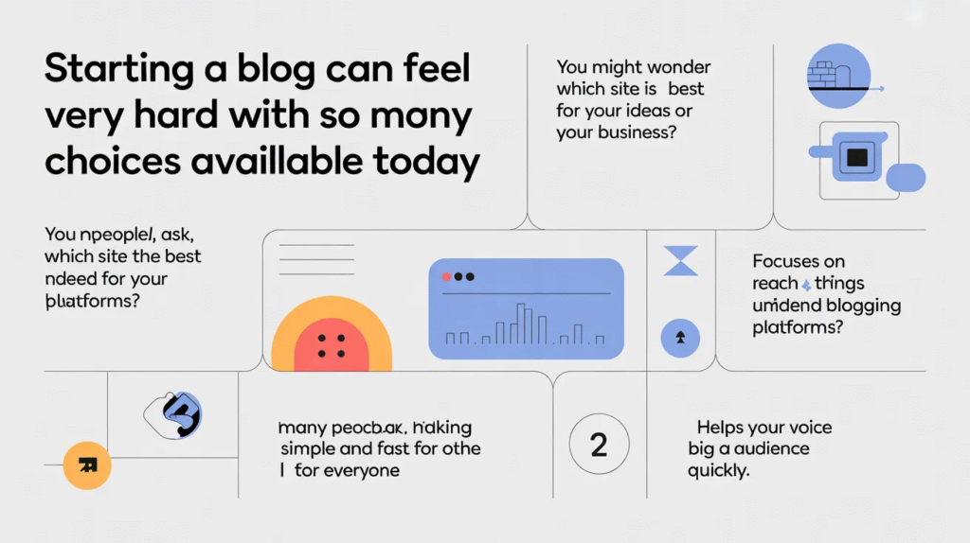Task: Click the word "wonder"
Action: tap(672, 68)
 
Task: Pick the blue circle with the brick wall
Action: tap(837, 76)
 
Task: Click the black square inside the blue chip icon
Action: tap(857, 157)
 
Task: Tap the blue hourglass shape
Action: tap(680, 260)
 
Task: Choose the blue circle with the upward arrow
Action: tap(680, 336)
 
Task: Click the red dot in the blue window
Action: tap(446, 277)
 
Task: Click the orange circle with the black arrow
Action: tap(87, 464)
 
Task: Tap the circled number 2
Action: tap(599, 445)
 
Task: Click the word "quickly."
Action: tap(719, 470)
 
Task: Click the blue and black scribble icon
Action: tap(177, 413)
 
